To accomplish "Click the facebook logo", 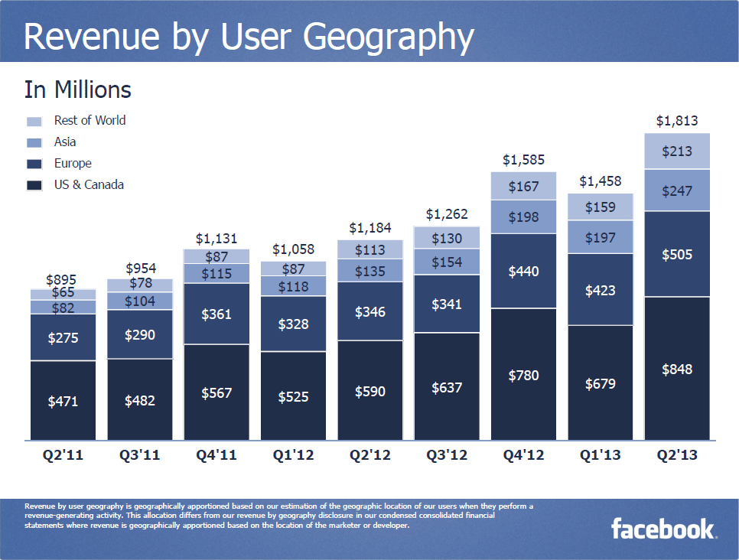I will (662, 529).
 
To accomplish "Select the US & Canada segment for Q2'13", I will (677, 369).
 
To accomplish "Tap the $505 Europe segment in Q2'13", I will (677, 254).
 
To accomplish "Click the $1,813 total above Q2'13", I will (677, 121).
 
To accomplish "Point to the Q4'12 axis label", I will (523, 456).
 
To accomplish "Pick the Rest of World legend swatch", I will (34, 121).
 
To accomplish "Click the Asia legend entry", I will (65, 142).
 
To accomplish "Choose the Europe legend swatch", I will (34, 164).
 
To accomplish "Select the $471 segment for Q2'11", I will (63, 400).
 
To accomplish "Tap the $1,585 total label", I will (523, 160).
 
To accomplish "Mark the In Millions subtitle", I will (78, 90).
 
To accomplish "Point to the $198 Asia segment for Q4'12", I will (523, 217).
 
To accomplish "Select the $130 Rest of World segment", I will (447, 238).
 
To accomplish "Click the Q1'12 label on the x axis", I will (293, 456).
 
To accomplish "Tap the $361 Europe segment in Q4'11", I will (216, 314).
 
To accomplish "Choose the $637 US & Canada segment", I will (447, 387).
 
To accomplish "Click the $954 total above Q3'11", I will (140, 269).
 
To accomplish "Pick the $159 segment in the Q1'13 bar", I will (601, 207).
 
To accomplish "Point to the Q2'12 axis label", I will (370, 456).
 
